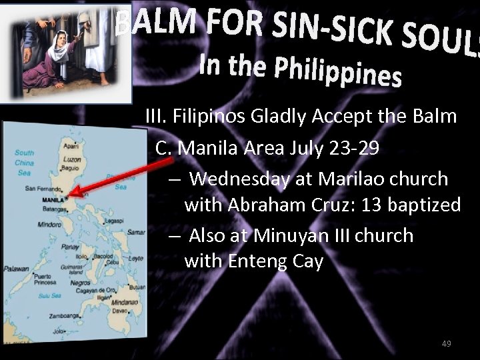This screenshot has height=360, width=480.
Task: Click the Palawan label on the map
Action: [15, 269]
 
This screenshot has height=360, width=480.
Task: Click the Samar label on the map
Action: [135, 232]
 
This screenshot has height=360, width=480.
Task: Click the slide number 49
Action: [447, 343]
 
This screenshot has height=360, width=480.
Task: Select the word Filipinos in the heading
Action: [210, 117]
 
